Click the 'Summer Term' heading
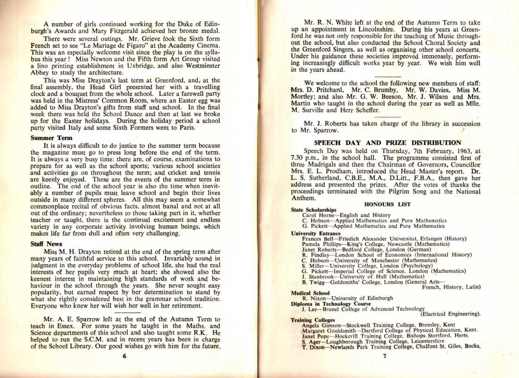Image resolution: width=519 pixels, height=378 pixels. [45, 138]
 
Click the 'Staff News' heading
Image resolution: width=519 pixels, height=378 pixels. [43, 244]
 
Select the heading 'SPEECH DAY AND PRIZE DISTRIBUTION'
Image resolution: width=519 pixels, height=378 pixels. [387, 142]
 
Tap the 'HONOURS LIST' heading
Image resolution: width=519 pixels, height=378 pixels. [387, 204]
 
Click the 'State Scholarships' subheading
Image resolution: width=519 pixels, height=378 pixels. [314, 209]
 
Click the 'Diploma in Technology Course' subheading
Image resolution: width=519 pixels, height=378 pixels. [328, 304]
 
